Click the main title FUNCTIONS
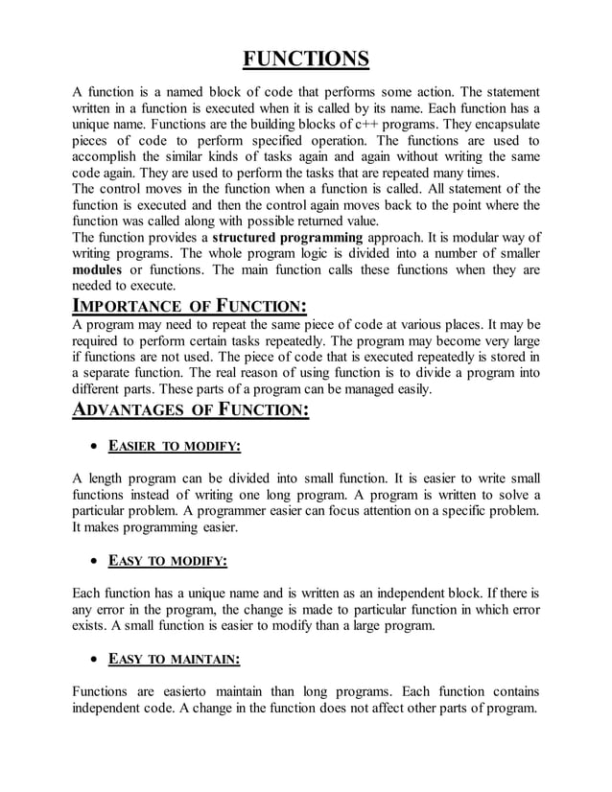[x=305, y=59]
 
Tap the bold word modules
[x=98, y=269]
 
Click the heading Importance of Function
[x=190, y=307]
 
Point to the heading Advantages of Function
[x=192, y=410]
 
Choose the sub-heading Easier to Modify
[x=174, y=447]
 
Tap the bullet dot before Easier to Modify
[x=93, y=448]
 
